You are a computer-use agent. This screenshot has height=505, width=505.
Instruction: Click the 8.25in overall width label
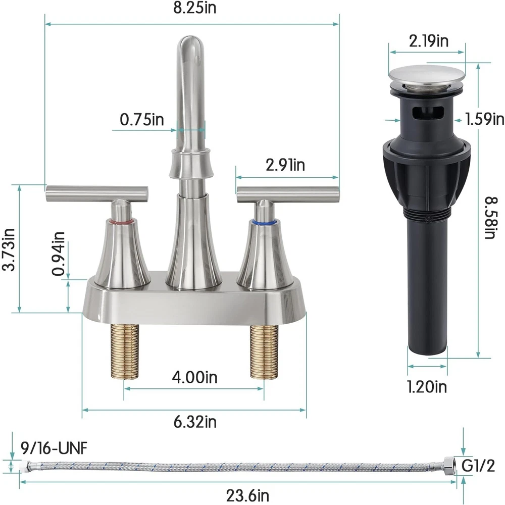point(194,8)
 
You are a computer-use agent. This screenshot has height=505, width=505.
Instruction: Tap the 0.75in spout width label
point(142,120)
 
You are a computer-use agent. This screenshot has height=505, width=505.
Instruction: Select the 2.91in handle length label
point(285,165)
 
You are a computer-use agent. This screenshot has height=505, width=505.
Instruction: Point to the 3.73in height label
point(9,249)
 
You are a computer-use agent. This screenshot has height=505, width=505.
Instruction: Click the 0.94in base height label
point(58,254)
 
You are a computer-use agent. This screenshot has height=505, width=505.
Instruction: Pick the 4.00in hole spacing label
point(194,377)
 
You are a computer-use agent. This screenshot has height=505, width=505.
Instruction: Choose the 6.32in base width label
point(195,422)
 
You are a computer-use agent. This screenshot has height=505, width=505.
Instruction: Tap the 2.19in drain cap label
point(428,41)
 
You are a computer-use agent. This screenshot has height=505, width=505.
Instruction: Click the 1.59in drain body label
point(485,120)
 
